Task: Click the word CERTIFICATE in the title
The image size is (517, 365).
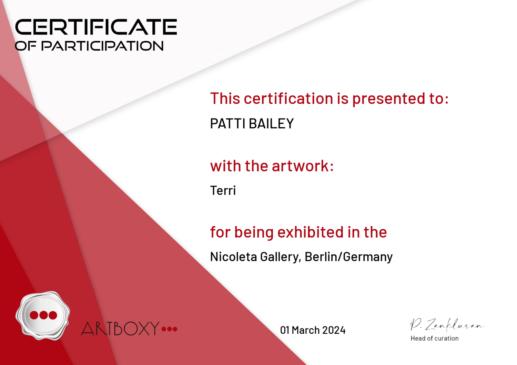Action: pos(96,27)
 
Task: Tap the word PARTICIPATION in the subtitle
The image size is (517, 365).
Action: pos(102,46)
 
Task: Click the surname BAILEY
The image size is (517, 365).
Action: pos(271,123)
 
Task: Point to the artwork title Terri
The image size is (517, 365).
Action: pos(223,190)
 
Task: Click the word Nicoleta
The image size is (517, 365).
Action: pos(233,257)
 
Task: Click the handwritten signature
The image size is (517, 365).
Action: pos(447,325)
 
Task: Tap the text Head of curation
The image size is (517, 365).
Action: pos(434,338)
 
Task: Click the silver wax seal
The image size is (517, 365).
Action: pos(43,315)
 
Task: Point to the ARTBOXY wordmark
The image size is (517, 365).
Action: pos(120,328)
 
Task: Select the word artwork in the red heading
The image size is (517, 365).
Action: pos(303,166)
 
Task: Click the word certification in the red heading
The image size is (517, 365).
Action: pos(288,98)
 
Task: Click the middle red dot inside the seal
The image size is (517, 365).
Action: pos(43,315)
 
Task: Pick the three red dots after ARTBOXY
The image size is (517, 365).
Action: pos(169,329)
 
